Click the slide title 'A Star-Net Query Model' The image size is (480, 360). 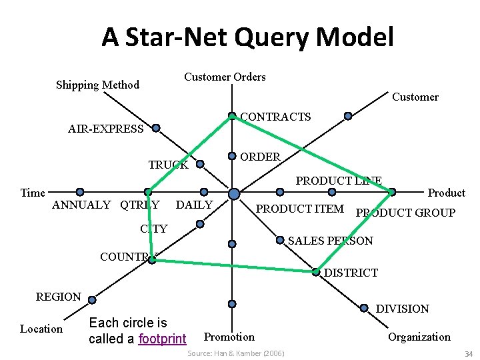click(247, 37)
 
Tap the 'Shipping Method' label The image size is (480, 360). click(97, 85)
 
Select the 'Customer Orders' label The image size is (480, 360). click(225, 77)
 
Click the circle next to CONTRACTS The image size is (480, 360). click(232, 116)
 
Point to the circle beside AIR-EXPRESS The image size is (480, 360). click(156, 127)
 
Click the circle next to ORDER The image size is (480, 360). click(231, 156)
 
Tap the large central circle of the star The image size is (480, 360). click(234, 193)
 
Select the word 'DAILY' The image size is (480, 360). click(194, 205)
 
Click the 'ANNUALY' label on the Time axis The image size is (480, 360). click(81, 205)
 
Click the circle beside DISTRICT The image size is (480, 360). click(316, 271)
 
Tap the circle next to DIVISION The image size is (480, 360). click(364, 307)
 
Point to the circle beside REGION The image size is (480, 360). click(91, 299)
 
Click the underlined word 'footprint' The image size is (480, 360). click(162, 339)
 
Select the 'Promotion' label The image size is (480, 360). click(229, 337)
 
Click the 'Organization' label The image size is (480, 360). click(419, 337)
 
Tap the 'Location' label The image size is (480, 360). click(41, 329)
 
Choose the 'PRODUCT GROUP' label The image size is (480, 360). click(405, 213)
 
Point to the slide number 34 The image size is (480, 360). click(468, 353)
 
